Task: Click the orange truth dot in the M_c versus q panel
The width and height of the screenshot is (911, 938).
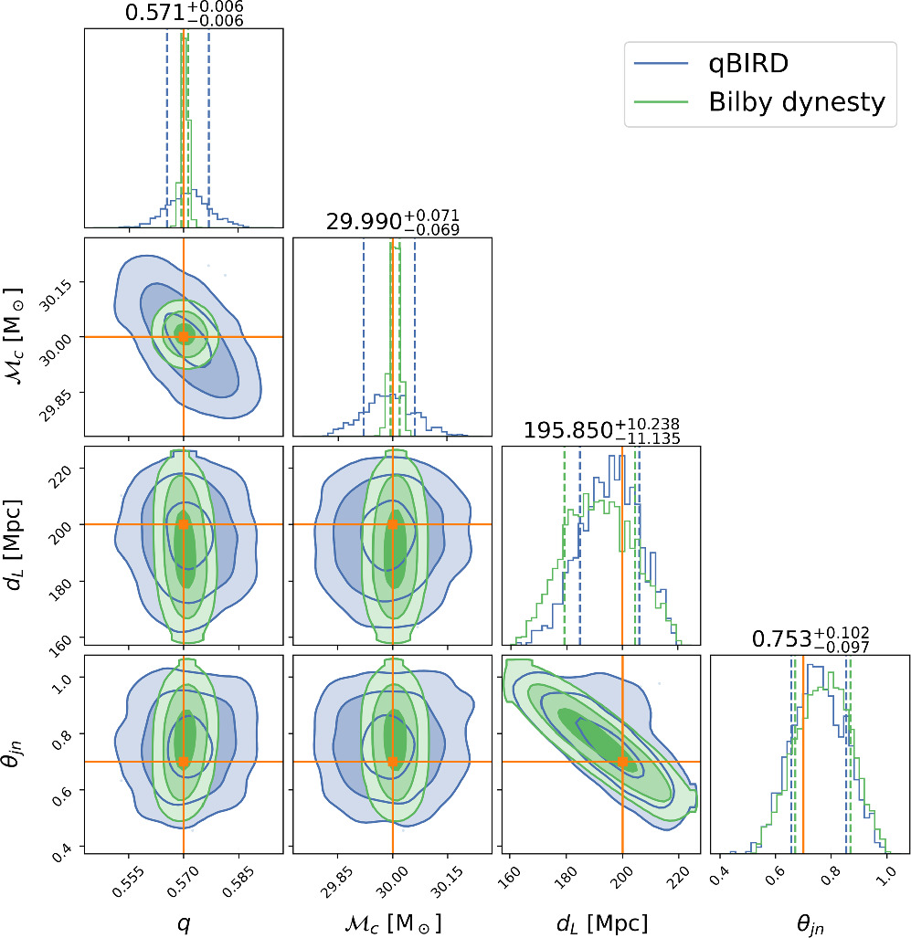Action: (184, 336)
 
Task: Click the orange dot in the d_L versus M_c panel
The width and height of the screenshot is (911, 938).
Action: (393, 524)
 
